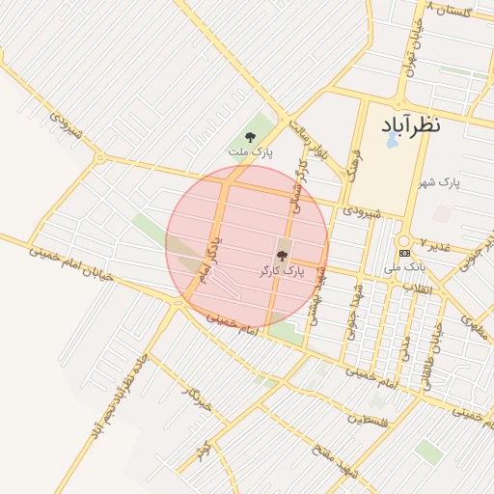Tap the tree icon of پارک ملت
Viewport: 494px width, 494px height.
click(x=251, y=137)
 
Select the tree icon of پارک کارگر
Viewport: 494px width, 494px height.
click(x=282, y=256)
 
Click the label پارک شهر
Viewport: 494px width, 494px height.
click(x=439, y=181)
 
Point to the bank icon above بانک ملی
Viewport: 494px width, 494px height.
click(x=403, y=253)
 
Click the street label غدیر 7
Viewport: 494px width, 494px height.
click(x=436, y=244)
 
